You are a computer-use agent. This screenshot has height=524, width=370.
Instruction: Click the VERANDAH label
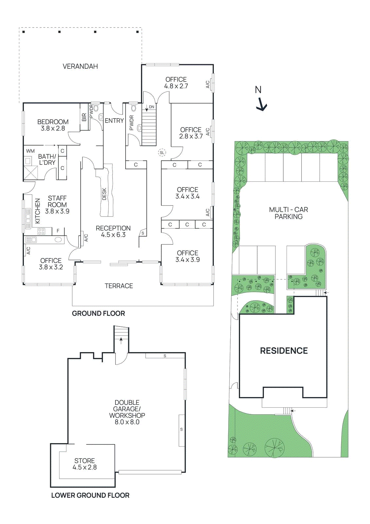80,66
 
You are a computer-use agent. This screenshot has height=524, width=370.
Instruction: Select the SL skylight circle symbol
162,153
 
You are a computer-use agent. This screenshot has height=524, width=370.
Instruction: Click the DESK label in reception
104,194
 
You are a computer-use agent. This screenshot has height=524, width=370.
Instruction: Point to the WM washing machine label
30,151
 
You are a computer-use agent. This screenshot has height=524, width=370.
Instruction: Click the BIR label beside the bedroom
84,117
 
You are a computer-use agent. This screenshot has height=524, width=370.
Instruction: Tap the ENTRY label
114,121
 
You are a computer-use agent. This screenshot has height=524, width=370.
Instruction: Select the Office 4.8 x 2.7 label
176,83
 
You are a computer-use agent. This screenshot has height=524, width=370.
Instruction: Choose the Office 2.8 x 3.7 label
191,133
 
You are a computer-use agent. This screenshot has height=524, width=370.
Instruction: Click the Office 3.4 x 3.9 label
187,256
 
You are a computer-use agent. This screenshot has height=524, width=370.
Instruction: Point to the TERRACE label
119,286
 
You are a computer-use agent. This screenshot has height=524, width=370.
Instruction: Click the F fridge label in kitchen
58,231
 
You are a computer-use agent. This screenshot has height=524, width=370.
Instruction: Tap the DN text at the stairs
151,107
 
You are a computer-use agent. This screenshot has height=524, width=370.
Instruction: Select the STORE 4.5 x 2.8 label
84,464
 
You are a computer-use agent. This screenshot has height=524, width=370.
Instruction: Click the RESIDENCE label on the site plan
284,351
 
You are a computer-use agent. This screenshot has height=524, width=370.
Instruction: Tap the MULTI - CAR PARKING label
288,213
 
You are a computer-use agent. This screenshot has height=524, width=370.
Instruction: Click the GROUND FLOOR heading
98,313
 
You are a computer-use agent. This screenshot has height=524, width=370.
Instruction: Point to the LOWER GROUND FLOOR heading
90,495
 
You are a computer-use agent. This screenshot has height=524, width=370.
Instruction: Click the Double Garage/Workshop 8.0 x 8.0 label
127,412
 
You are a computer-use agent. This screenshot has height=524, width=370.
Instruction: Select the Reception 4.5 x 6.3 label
113,231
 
